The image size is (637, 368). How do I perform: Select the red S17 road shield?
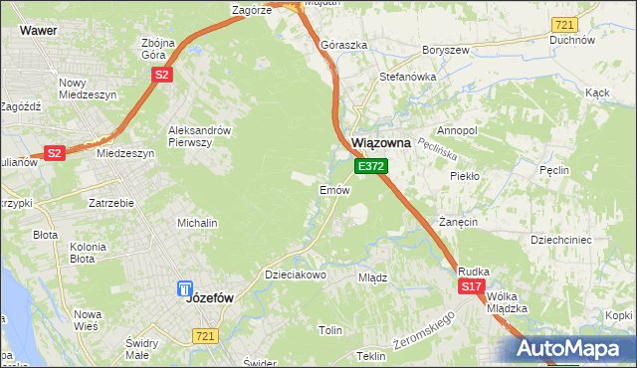(472, 286)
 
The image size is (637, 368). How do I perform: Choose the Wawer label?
(37, 31)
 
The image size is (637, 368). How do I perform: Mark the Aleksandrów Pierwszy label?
(199, 136)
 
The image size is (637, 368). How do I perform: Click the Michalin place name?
(197, 223)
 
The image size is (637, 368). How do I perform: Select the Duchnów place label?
(571, 41)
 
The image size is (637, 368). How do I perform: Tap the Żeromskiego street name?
(423, 331)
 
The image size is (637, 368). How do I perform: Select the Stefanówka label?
(403, 76)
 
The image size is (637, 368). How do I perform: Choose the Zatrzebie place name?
(111, 203)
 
